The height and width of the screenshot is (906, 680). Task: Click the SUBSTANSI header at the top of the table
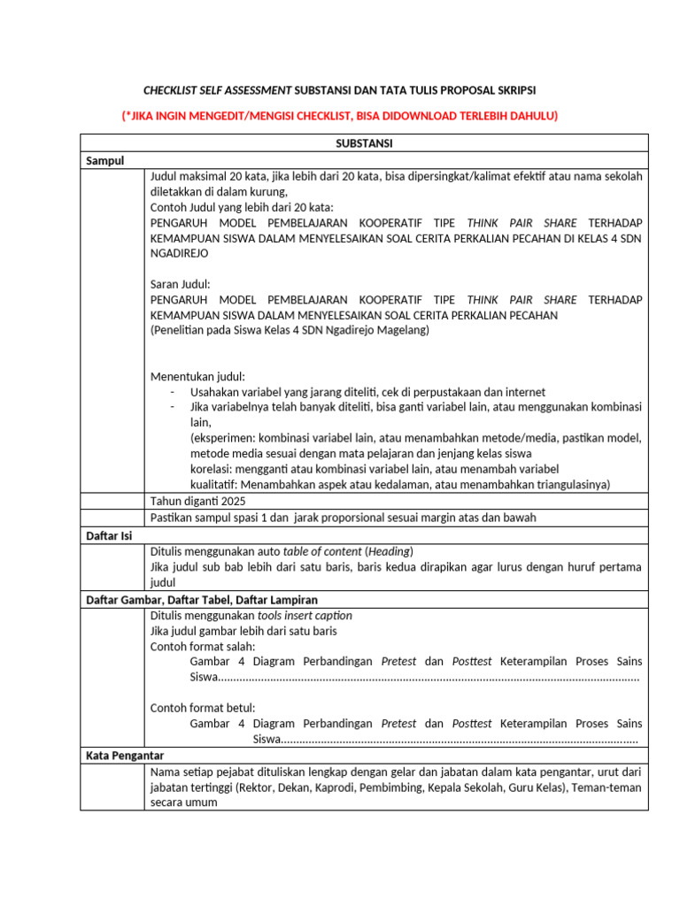click(x=364, y=142)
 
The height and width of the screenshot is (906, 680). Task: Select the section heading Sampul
click(x=105, y=160)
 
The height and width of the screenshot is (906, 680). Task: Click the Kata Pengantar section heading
click(x=125, y=756)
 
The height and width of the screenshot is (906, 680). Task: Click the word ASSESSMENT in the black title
click(x=256, y=90)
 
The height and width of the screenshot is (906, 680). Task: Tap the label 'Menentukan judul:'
click(x=197, y=376)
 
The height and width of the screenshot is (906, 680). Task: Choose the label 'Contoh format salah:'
click(x=203, y=646)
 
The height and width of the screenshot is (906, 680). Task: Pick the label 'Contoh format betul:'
click(x=203, y=707)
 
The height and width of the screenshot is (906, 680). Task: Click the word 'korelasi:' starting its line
click(x=213, y=468)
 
